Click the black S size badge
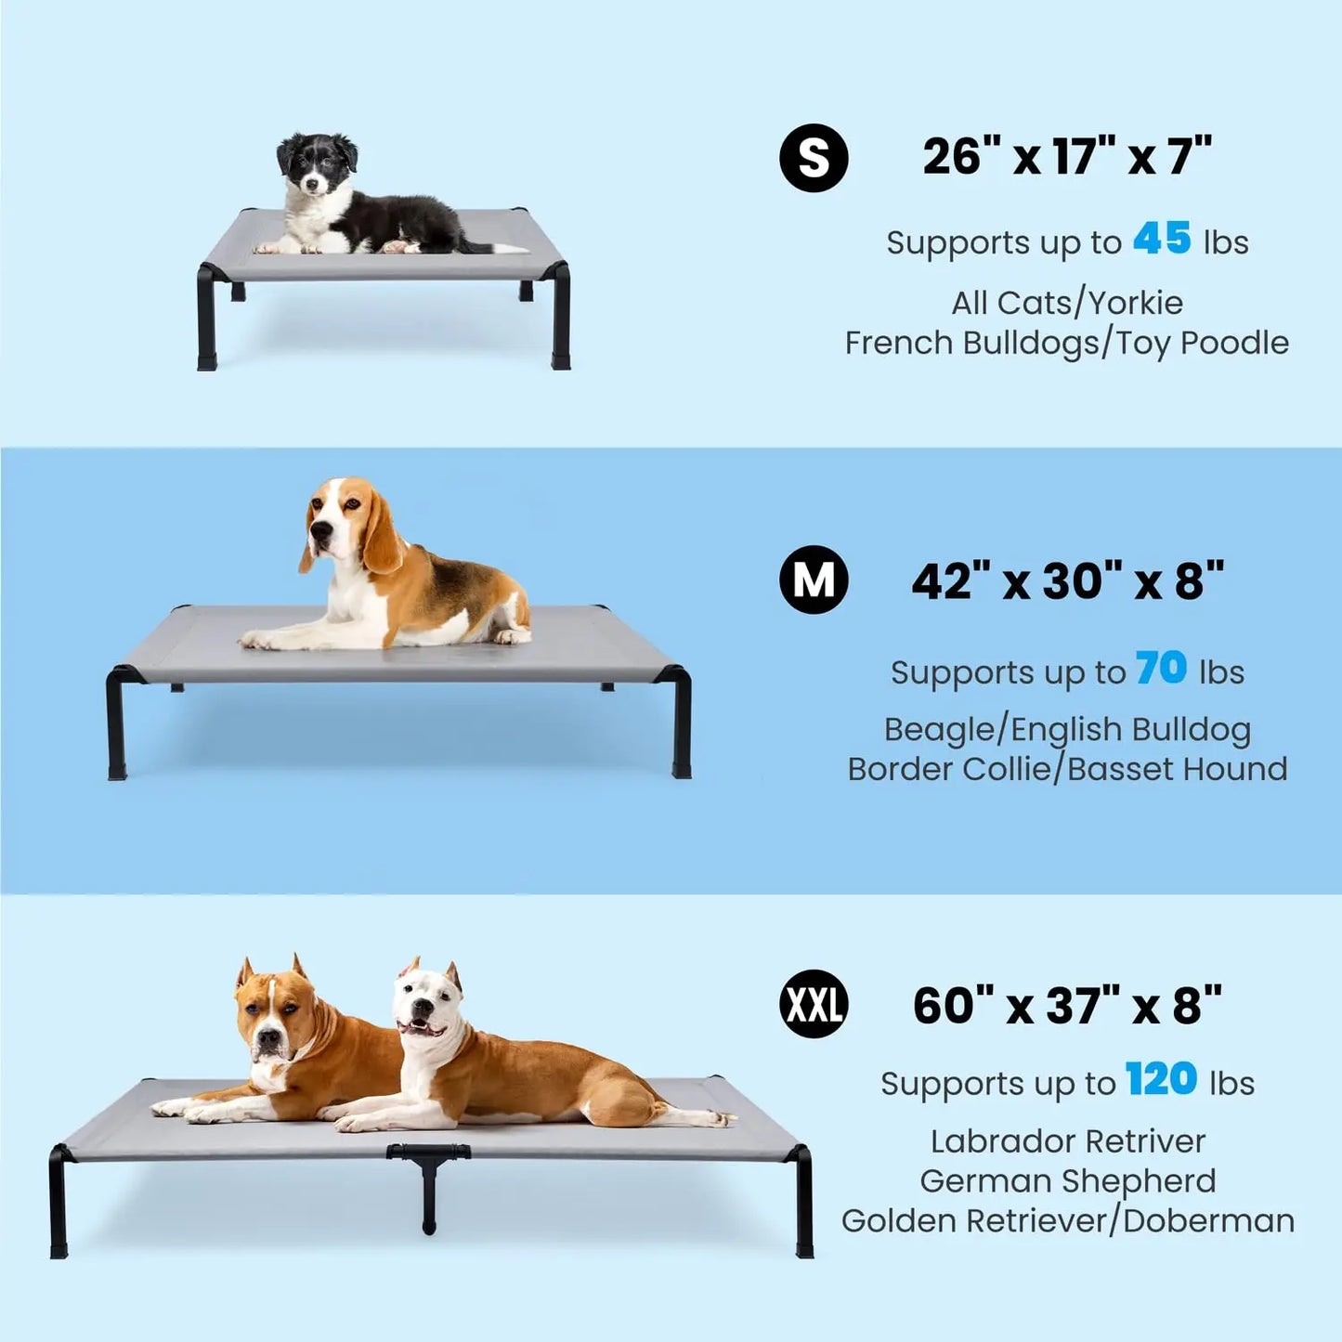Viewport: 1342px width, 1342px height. [814, 159]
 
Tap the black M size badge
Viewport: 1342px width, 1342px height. [814, 580]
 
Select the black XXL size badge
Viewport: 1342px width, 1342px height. [814, 1005]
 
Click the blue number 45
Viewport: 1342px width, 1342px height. [1162, 239]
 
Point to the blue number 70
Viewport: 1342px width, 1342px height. [1161, 668]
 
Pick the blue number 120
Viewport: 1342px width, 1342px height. [1161, 1079]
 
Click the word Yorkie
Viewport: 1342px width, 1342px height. [1135, 303]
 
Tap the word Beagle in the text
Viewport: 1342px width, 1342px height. [939, 730]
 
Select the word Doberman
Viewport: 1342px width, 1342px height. [1208, 1220]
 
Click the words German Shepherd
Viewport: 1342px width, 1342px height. [1067, 1180]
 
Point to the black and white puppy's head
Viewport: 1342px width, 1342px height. [317, 163]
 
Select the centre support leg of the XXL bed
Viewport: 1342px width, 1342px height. [429, 1189]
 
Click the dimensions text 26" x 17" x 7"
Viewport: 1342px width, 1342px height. [1067, 156]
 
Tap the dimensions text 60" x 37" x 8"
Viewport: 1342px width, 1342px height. [1067, 1006]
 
